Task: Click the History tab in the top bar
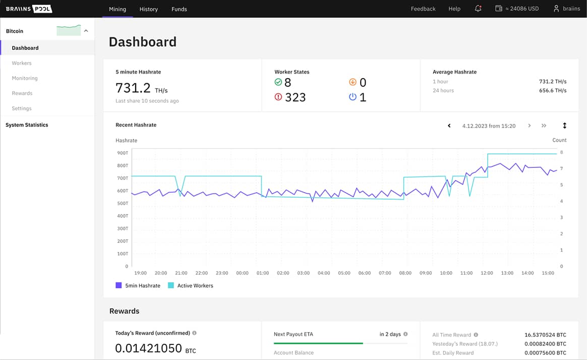pos(148,9)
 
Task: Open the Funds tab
pos(179,9)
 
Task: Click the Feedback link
pos(423,9)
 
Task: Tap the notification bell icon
pos(478,9)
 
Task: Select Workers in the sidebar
pos(22,63)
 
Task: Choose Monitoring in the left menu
pos(25,78)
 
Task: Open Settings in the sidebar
pos(22,108)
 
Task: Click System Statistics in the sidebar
pos(27,125)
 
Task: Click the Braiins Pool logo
pos(29,9)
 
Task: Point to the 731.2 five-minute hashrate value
pos(133,88)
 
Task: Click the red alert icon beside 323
pos(278,97)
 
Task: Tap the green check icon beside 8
pos(278,82)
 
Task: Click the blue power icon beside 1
pos(353,97)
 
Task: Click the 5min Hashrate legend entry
pos(138,286)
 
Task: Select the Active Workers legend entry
pos(190,286)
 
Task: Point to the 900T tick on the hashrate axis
pos(123,153)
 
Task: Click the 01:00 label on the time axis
pos(263,273)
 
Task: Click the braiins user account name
pos(571,9)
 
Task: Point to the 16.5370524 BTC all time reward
pos(545,335)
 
